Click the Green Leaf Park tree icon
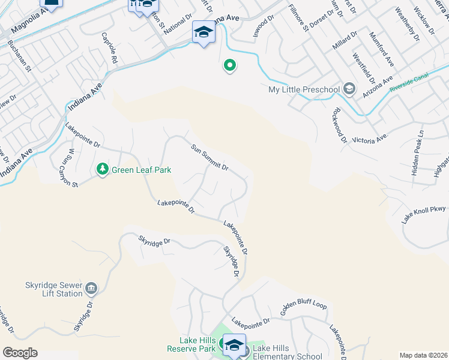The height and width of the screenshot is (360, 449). (103, 170)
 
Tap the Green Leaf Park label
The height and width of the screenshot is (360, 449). (141, 170)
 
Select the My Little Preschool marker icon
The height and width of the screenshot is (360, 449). (349, 90)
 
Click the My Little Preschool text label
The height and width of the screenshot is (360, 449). (304, 90)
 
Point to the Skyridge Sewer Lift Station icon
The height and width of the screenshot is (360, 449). (91, 289)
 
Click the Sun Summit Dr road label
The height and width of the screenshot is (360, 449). (209, 157)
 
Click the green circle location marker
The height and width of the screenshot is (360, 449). (229, 65)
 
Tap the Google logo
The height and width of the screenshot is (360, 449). (20, 353)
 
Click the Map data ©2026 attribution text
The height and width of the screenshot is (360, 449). (423, 355)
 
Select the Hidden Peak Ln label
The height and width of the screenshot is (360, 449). (418, 152)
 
